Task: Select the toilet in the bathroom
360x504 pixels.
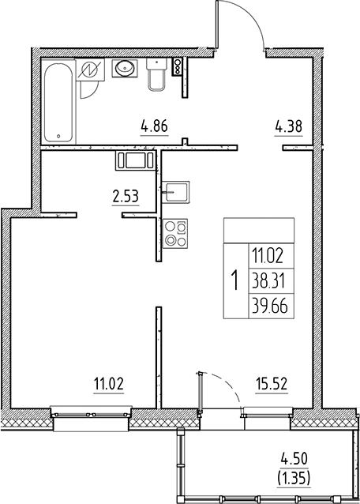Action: [156, 77]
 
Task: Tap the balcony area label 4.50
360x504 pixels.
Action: [294, 457]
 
